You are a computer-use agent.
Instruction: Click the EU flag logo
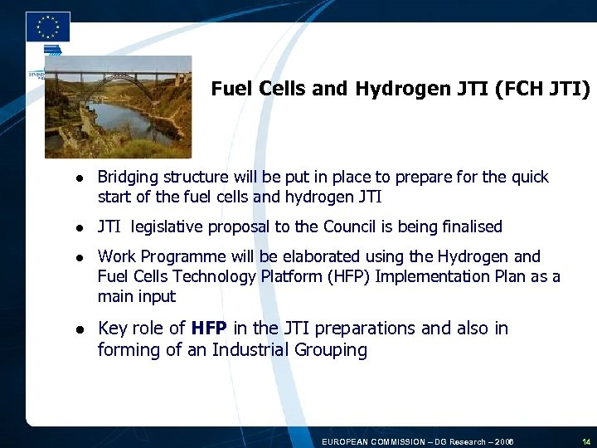coord(48,27)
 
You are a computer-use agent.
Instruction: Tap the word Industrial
coord(258,350)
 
